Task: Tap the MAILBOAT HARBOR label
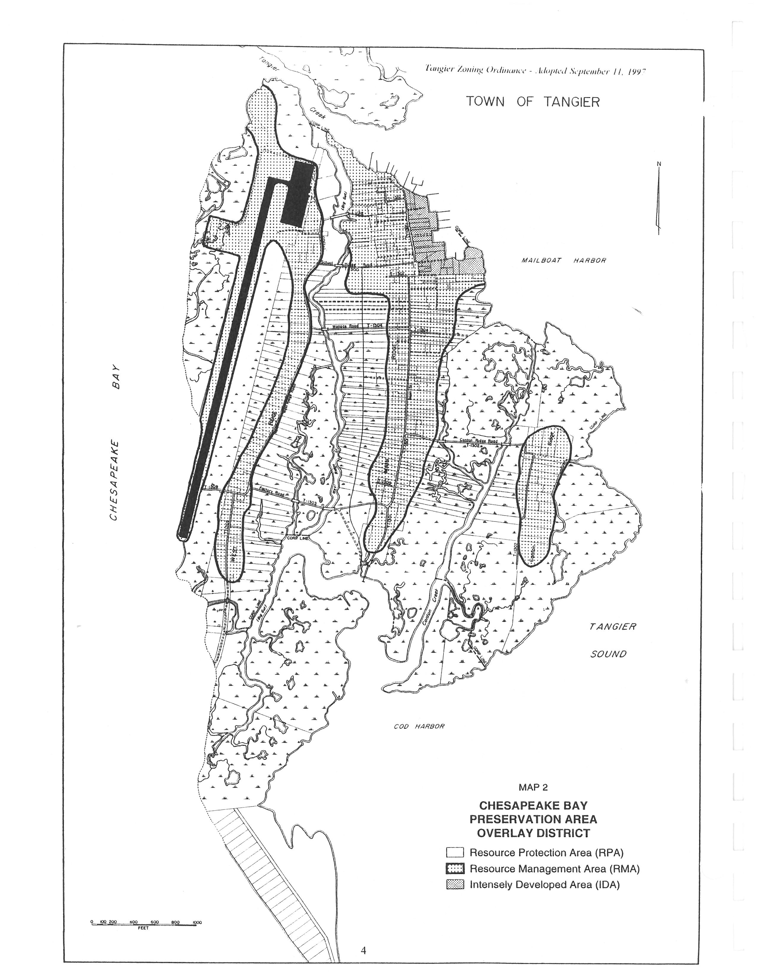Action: pos(564,260)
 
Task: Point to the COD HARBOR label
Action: pos(419,726)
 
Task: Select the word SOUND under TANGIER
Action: pos(608,654)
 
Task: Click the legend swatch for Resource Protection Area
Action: pos(455,853)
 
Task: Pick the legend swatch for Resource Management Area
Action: pos(455,869)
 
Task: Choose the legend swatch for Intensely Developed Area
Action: pos(455,885)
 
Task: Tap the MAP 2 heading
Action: pos(533,787)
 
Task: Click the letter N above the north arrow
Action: pos(659,164)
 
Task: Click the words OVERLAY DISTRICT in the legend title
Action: pos(533,833)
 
